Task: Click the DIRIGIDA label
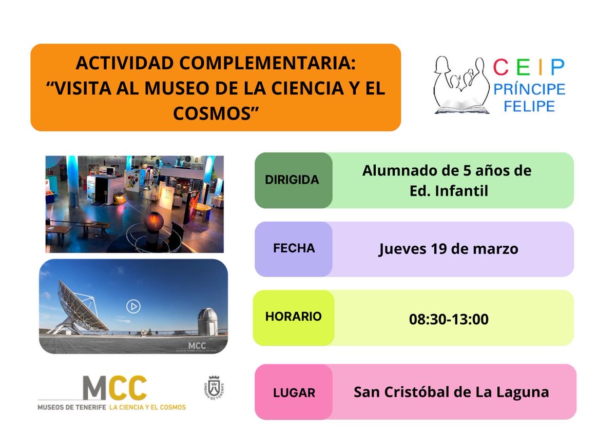292,180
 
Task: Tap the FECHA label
294,249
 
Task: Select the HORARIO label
294,317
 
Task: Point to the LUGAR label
294,393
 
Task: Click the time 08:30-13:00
449,319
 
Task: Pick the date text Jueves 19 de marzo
449,249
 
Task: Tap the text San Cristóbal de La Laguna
451,392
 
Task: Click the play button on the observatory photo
133,307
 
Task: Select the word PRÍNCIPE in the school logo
529,89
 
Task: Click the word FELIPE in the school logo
529,107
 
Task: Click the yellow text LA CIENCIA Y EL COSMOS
147,407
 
